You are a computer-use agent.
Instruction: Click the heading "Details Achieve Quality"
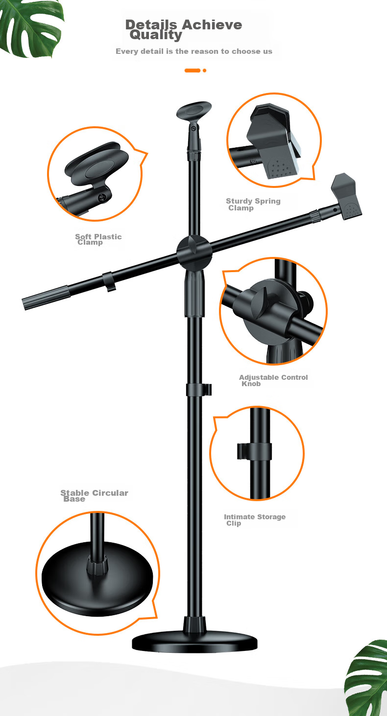(x=184, y=29)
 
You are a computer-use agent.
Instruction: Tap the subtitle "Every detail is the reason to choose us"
(x=194, y=51)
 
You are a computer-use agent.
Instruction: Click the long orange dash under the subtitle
(x=193, y=70)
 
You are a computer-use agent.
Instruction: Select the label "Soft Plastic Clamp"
(x=98, y=239)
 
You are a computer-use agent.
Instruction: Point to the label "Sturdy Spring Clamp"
(x=253, y=204)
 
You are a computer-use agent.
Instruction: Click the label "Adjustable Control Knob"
(x=273, y=380)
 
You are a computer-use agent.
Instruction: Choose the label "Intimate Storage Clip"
(x=255, y=520)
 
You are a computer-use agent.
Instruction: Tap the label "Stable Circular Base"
(x=94, y=496)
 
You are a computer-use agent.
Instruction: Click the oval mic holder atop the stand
(x=194, y=110)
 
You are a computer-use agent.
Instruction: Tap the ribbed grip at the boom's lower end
(x=47, y=297)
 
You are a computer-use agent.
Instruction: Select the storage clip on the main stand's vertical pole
(x=198, y=390)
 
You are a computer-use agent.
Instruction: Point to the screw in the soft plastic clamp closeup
(x=102, y=198)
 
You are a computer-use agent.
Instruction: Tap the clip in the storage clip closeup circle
(x=254, y=451)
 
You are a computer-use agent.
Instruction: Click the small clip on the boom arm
(x=109, y=281)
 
